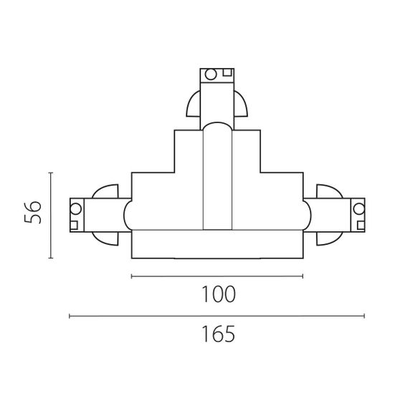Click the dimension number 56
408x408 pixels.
[x=32, y=212]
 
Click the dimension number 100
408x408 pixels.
[x=219, y=294]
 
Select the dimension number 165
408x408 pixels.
[x=219, y=334]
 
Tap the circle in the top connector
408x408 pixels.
[x=211, y=74]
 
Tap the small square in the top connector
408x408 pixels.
[x=227, y=72]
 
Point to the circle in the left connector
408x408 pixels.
[x=76, y=209]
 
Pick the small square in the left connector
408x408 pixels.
[x=74, y=225]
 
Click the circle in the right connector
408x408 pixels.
[x=359, y=209]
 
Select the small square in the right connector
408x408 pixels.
[x=361, y=225]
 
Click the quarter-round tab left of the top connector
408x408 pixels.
[x=193, y=104]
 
